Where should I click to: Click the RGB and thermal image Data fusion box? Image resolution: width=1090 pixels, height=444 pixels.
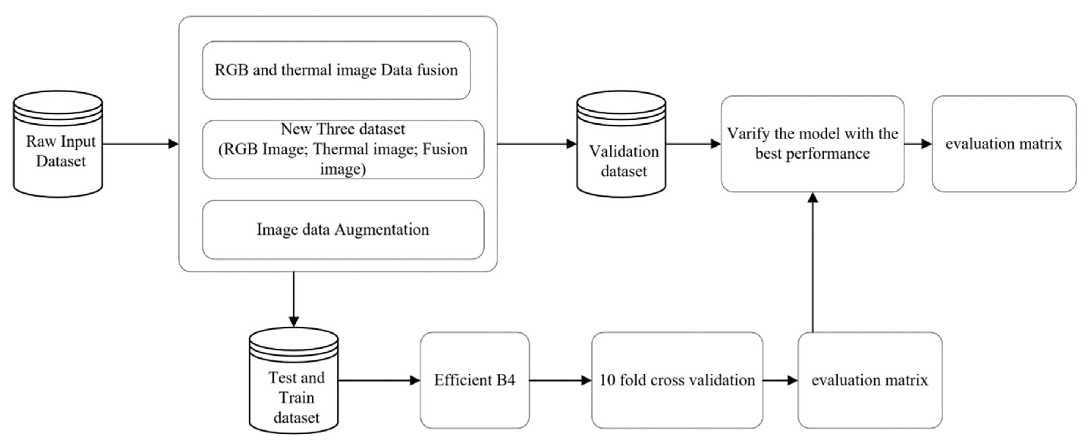tap(336, 70)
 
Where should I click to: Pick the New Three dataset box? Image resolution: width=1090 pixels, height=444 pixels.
tap(343, 149)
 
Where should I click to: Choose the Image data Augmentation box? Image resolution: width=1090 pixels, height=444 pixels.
tap(343, 229)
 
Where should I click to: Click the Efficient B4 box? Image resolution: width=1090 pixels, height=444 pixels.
tap(474, 380)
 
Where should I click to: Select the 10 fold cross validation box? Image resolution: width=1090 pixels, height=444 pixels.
tap(677, 380)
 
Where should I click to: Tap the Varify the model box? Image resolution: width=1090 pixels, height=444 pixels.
tap(812, 144)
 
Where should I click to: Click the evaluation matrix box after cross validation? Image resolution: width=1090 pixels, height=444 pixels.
tap(870, 380)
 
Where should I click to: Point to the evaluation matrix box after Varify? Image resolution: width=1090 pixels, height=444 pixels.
tap(1004, 144)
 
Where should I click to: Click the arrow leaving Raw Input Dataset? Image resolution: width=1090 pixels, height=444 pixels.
tap(140, 144)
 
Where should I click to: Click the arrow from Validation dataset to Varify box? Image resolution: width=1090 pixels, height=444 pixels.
tap(693, 144)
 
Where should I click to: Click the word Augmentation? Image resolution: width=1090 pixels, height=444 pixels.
tap(382, 229)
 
